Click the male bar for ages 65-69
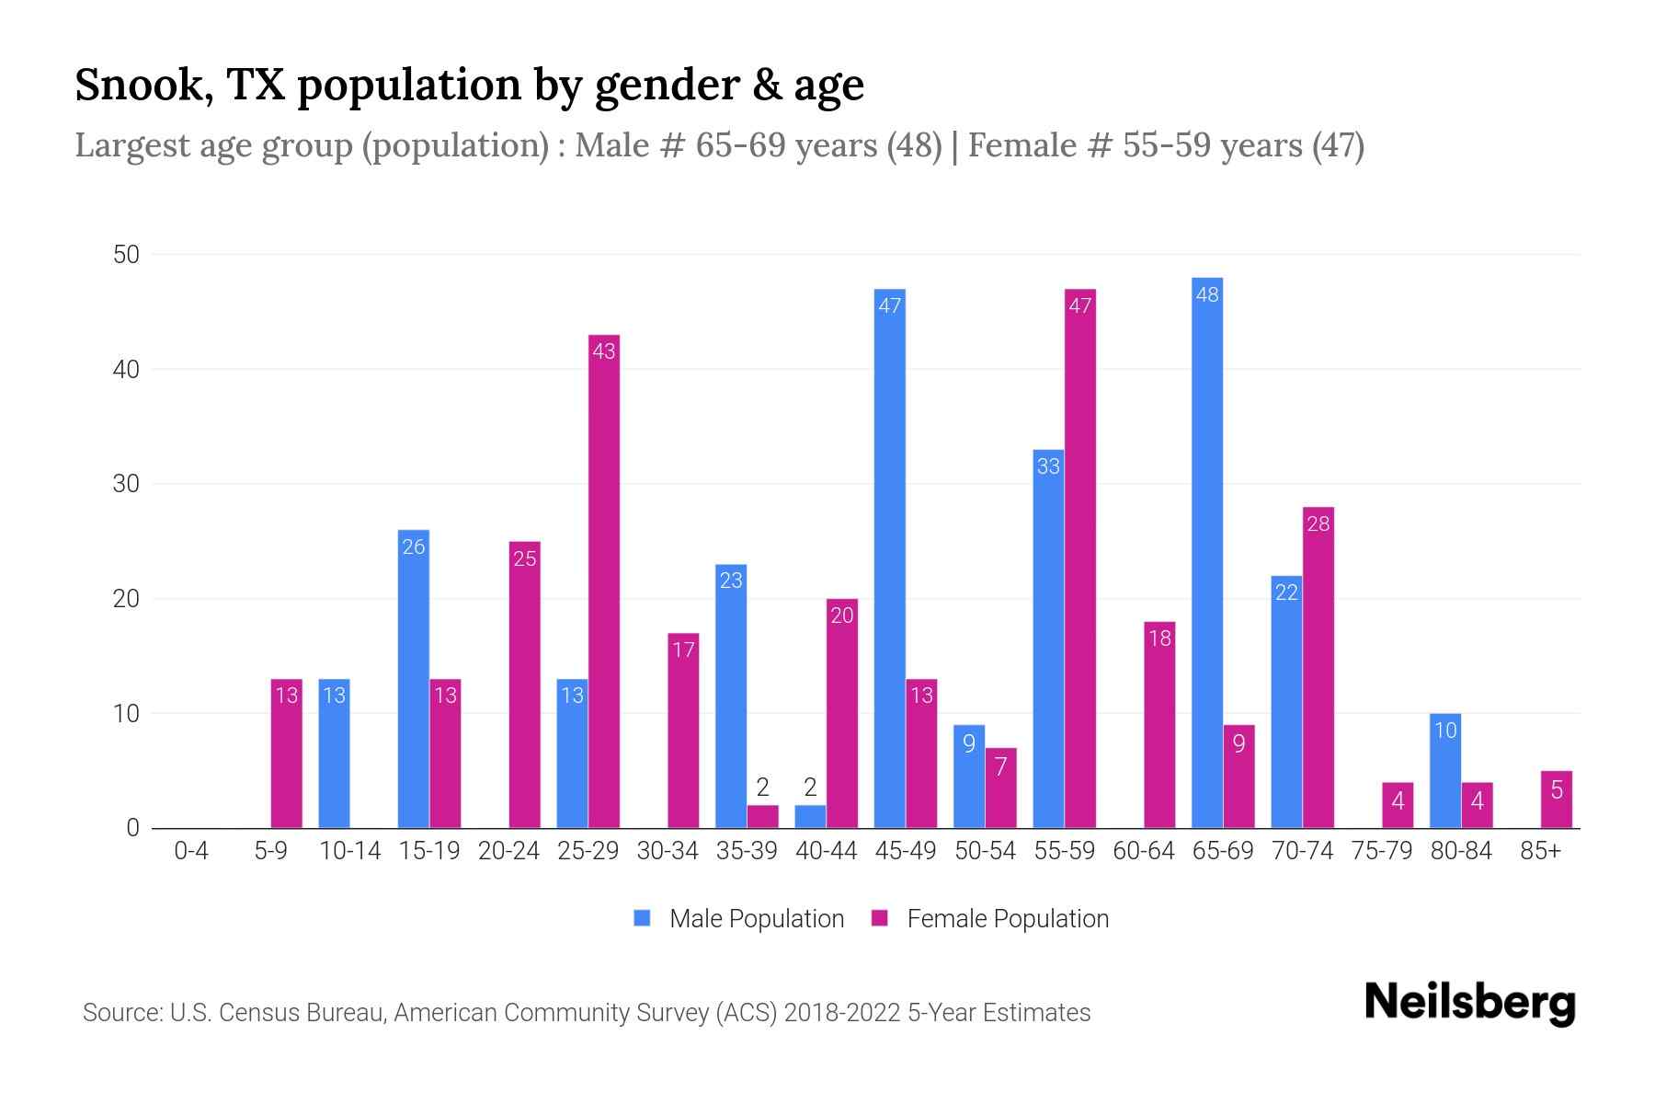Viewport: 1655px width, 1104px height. point(1206,552)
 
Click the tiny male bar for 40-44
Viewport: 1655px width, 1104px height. point(810,817)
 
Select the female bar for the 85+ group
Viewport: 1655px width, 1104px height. point(1556,799)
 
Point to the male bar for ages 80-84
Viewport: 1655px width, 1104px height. point(1444,771)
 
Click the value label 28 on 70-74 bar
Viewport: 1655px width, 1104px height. point(1318,523)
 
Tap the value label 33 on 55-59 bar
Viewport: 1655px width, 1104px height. point(1048,466)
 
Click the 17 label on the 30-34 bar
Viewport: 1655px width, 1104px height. point(683,650)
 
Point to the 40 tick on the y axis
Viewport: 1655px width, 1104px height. point(126,370)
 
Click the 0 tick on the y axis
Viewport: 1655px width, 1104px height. point(132,828)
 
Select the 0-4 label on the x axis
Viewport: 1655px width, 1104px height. point(191,851)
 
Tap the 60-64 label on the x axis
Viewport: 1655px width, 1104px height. point(1143,851)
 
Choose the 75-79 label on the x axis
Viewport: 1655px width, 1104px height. point(1381,851)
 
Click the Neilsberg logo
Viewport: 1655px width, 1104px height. point(1469,1003)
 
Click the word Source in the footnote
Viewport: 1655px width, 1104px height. point(120,1013)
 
